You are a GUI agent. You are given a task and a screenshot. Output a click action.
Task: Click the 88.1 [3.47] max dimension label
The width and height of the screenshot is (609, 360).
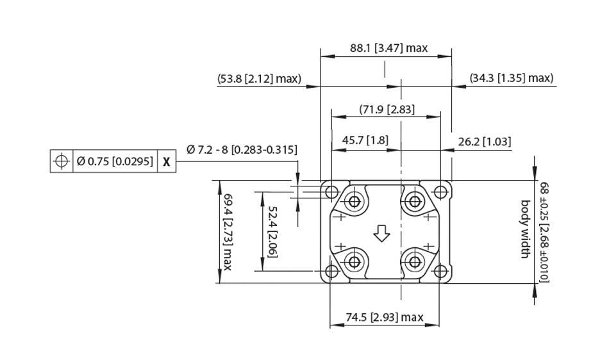coord(388,48)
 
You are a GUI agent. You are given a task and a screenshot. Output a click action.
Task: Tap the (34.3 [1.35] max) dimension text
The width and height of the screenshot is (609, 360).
coord(511,78)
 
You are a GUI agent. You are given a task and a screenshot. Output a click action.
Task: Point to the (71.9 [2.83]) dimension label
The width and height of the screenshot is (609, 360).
coord(387,109)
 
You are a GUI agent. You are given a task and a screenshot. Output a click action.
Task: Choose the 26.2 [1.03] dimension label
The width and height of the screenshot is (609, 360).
coord(481,142)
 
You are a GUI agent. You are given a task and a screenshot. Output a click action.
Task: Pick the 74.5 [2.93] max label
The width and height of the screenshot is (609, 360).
coord(385,317)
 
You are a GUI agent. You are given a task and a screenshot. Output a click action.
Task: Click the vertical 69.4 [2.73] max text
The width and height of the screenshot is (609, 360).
coord(227,231)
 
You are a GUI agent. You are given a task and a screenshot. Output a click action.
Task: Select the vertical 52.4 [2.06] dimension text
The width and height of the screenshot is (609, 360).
coord(272,231)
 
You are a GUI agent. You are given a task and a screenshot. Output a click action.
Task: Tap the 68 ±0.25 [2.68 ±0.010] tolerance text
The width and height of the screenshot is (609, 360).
coord(544,231)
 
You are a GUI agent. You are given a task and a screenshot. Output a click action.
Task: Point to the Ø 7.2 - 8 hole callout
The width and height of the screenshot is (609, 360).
coord(242,150)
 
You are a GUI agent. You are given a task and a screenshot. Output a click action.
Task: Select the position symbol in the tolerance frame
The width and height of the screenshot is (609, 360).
coord(61,161)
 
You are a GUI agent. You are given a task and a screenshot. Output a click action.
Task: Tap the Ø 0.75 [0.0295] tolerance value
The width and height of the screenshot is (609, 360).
coord(115,161)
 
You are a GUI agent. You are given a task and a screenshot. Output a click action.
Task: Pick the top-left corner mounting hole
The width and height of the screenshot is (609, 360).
coord(331,192)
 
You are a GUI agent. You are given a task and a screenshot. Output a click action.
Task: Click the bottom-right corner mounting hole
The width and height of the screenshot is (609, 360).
coord(440,272)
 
